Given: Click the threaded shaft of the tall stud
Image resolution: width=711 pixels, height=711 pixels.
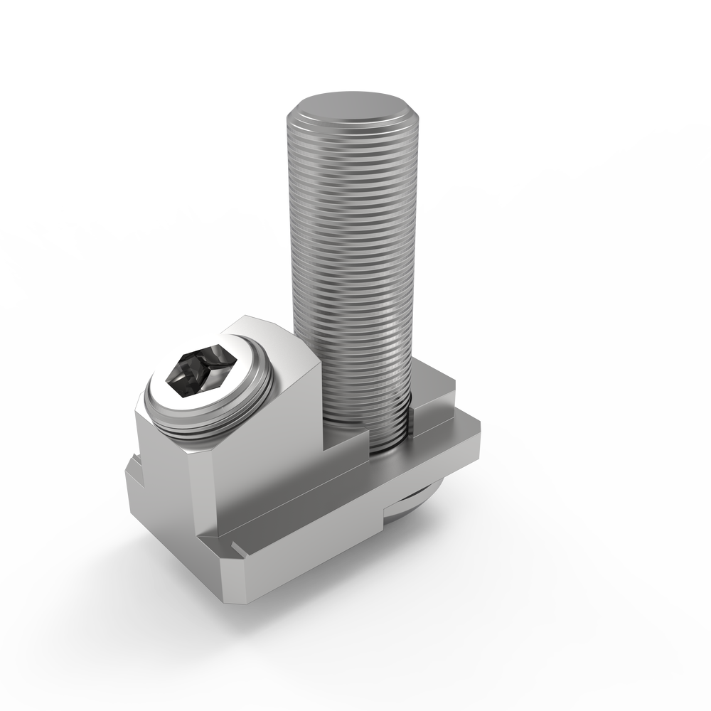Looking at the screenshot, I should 352,270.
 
